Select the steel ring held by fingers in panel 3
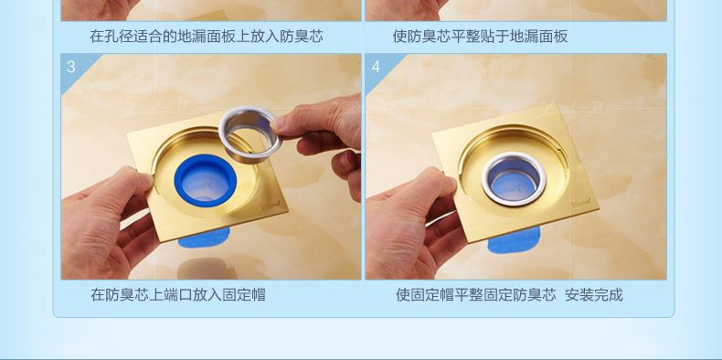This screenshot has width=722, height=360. [x=250, y=134]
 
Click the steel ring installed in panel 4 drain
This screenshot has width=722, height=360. [x=514, y=178]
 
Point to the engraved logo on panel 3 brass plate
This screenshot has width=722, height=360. [x=271, y=206]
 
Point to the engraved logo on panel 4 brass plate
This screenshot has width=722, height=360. [x=580, y=204]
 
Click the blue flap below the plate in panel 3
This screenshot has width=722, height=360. [x=205, y=238]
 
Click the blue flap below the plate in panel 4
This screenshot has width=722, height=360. [x=514, y=239]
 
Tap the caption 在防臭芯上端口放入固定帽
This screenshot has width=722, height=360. [x=178, y=294]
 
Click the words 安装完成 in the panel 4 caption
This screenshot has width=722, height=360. [x=593, y=294]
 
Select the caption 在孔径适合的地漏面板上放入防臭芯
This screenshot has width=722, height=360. [x=207, y=36]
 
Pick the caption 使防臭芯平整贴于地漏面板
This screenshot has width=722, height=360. [x=480, y=36]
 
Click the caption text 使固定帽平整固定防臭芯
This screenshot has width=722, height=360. [x=475, y=294]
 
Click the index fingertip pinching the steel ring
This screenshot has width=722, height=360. [x=280, y=124]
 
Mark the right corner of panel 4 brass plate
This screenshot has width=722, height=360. [x=599, y=209]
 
